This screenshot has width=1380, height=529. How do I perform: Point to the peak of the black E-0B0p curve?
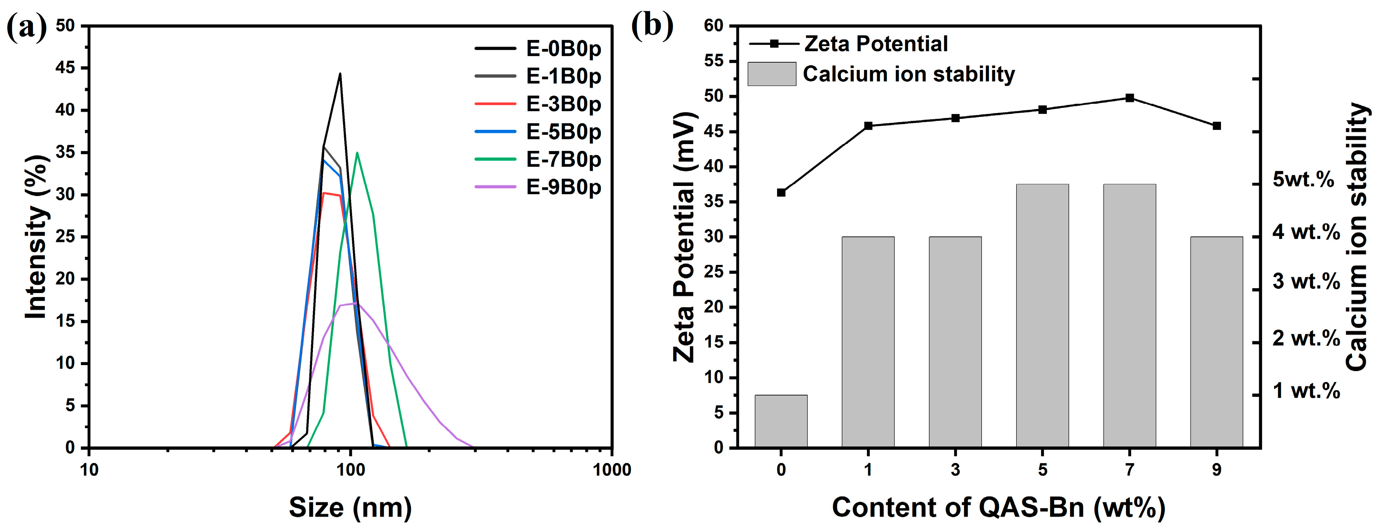pos(340,74)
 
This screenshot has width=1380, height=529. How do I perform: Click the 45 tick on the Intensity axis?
pos(66,68)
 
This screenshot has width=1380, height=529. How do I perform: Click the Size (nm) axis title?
pos(350,507)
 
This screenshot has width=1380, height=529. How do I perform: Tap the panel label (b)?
pos(652,25)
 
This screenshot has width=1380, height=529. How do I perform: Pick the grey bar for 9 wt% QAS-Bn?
pos(1216,341)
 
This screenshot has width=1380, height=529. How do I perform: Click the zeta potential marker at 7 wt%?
pos(1130,98)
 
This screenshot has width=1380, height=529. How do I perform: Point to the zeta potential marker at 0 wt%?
pos(781,192)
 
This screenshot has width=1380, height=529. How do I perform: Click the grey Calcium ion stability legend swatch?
pos(771,74)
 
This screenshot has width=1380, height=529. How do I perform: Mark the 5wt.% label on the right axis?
pos(1303,179)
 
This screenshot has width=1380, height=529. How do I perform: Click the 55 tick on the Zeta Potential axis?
pos(712,61)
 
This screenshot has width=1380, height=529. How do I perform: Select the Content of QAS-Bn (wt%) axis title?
pos(998,507)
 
